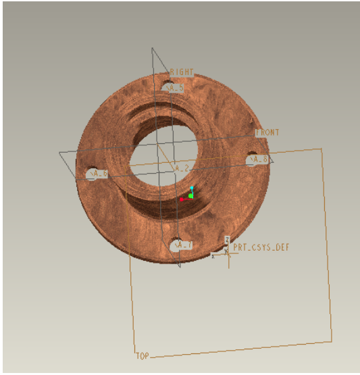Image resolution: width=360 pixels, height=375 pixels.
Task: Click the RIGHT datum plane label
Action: (x=182, y=72)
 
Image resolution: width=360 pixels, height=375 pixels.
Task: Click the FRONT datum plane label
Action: (x=267, y=133)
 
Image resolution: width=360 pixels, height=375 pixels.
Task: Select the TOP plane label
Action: (x=142, y=355)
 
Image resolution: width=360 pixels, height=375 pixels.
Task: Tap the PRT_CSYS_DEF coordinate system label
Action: (x=261, y=247)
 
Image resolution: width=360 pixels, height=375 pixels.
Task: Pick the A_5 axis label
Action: (x=174, y=89)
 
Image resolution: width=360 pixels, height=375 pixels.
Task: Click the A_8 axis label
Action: (x=259, y=159)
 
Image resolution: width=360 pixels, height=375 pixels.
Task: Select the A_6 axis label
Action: (x=98, y=174)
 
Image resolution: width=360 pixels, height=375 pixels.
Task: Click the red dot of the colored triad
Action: (x=182, y=200)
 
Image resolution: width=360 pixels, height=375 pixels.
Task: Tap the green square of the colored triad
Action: (x=190, y=195)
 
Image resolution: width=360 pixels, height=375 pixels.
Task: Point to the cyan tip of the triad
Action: (x=191, y=189)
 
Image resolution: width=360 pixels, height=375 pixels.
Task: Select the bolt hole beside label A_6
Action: (x=93, y=171)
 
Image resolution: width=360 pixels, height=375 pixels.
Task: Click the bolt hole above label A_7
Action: (x=178, y=241)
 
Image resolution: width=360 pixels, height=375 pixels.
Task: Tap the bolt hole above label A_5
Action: (x=168, y=84)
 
